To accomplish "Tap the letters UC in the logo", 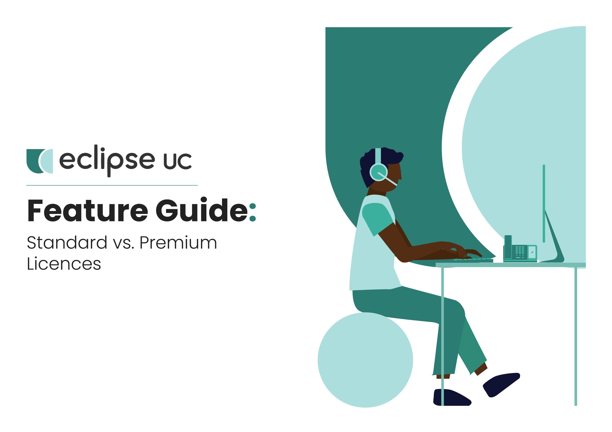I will [177, 161].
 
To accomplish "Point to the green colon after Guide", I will [252, 212].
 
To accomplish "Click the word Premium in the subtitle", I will [178, 243].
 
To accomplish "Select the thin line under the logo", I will [112, 185].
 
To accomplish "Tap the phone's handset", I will [508, 247].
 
